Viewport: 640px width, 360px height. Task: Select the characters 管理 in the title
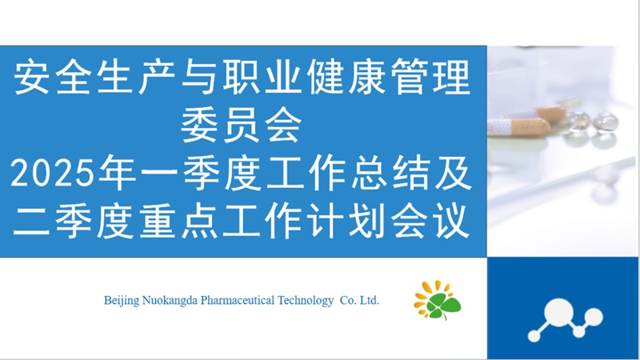click(430, 77)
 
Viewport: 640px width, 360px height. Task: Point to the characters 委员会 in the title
click(242, 126)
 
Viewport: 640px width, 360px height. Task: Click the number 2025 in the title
click(51, 174)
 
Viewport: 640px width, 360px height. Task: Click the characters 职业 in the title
click(262, 77)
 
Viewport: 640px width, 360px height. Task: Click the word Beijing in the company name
click(122, 302)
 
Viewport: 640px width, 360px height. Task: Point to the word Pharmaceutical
click(238, 301)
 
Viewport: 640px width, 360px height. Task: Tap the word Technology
click(306, 302)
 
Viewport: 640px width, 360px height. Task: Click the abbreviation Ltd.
click(370, 301)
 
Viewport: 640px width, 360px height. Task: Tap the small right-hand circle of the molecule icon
click(594, 317)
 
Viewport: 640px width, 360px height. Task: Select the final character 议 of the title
click(451, 222)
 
